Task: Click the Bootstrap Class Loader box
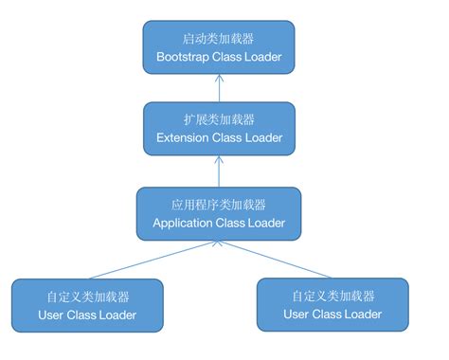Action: coord(219,48)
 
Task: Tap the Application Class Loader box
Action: coord(219,213)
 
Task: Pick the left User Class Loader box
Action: coord(87,304)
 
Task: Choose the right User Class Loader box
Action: coord(332,304)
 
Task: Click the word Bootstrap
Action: coord(184,58)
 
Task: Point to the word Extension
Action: coord(185,139)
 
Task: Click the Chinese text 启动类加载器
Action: coord(219,39)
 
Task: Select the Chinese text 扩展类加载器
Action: coord(219,120)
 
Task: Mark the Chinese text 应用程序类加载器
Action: coord(219,204)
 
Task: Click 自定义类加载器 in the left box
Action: coord(87,295)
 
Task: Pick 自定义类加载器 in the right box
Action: coord(332,295)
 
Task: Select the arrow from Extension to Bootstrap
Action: coord(219,87)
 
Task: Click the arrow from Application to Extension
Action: coord(219,171)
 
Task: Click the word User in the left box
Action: coord(52,315)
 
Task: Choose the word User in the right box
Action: coord(297,315)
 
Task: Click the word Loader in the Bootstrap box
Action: coord(260,58)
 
